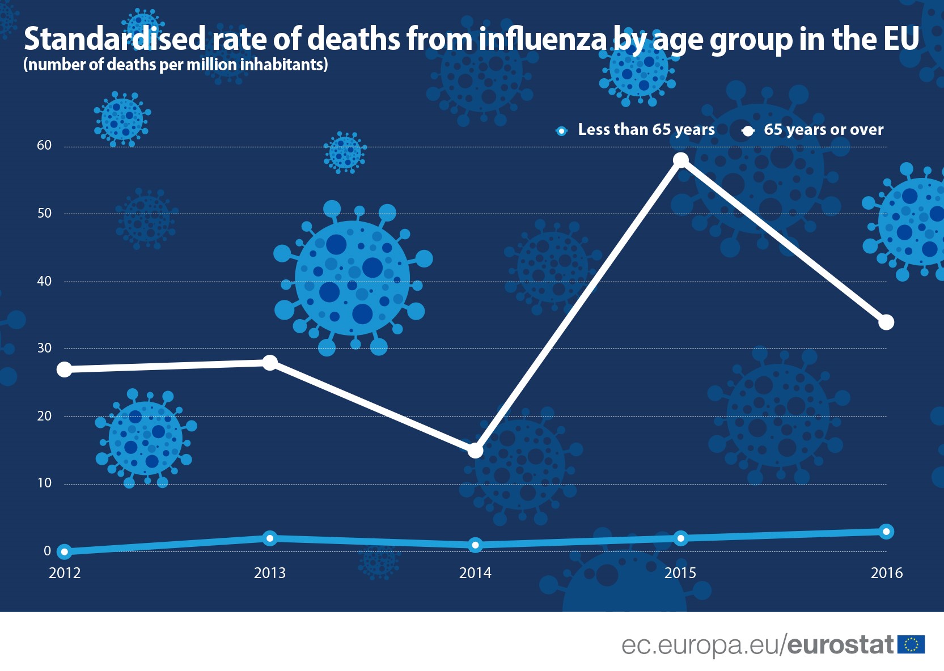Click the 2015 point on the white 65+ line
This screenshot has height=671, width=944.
click(680, 160)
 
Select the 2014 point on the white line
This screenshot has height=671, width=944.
click(475, 451)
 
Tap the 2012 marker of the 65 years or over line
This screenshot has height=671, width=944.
click(65, 370)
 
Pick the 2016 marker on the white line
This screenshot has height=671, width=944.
click(886, 322)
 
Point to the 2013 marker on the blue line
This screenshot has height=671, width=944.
click(270, 538)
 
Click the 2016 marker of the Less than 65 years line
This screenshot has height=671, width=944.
click(886, 532)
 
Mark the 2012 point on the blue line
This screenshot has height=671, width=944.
click(65, 551)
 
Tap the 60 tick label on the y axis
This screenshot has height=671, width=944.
click(44, 146)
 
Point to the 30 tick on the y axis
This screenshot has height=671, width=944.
click(44, 349)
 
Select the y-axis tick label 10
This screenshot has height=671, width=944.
click(44, 483)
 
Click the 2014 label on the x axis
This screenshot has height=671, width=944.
click(475, 573)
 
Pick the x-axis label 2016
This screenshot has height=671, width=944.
click(886, 573)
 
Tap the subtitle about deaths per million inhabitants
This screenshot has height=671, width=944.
click(176, 65)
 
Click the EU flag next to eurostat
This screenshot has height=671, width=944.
click(911, 645)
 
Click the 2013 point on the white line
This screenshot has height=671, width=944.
click(270, 363)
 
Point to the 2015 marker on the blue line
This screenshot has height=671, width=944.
click(680, 538)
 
